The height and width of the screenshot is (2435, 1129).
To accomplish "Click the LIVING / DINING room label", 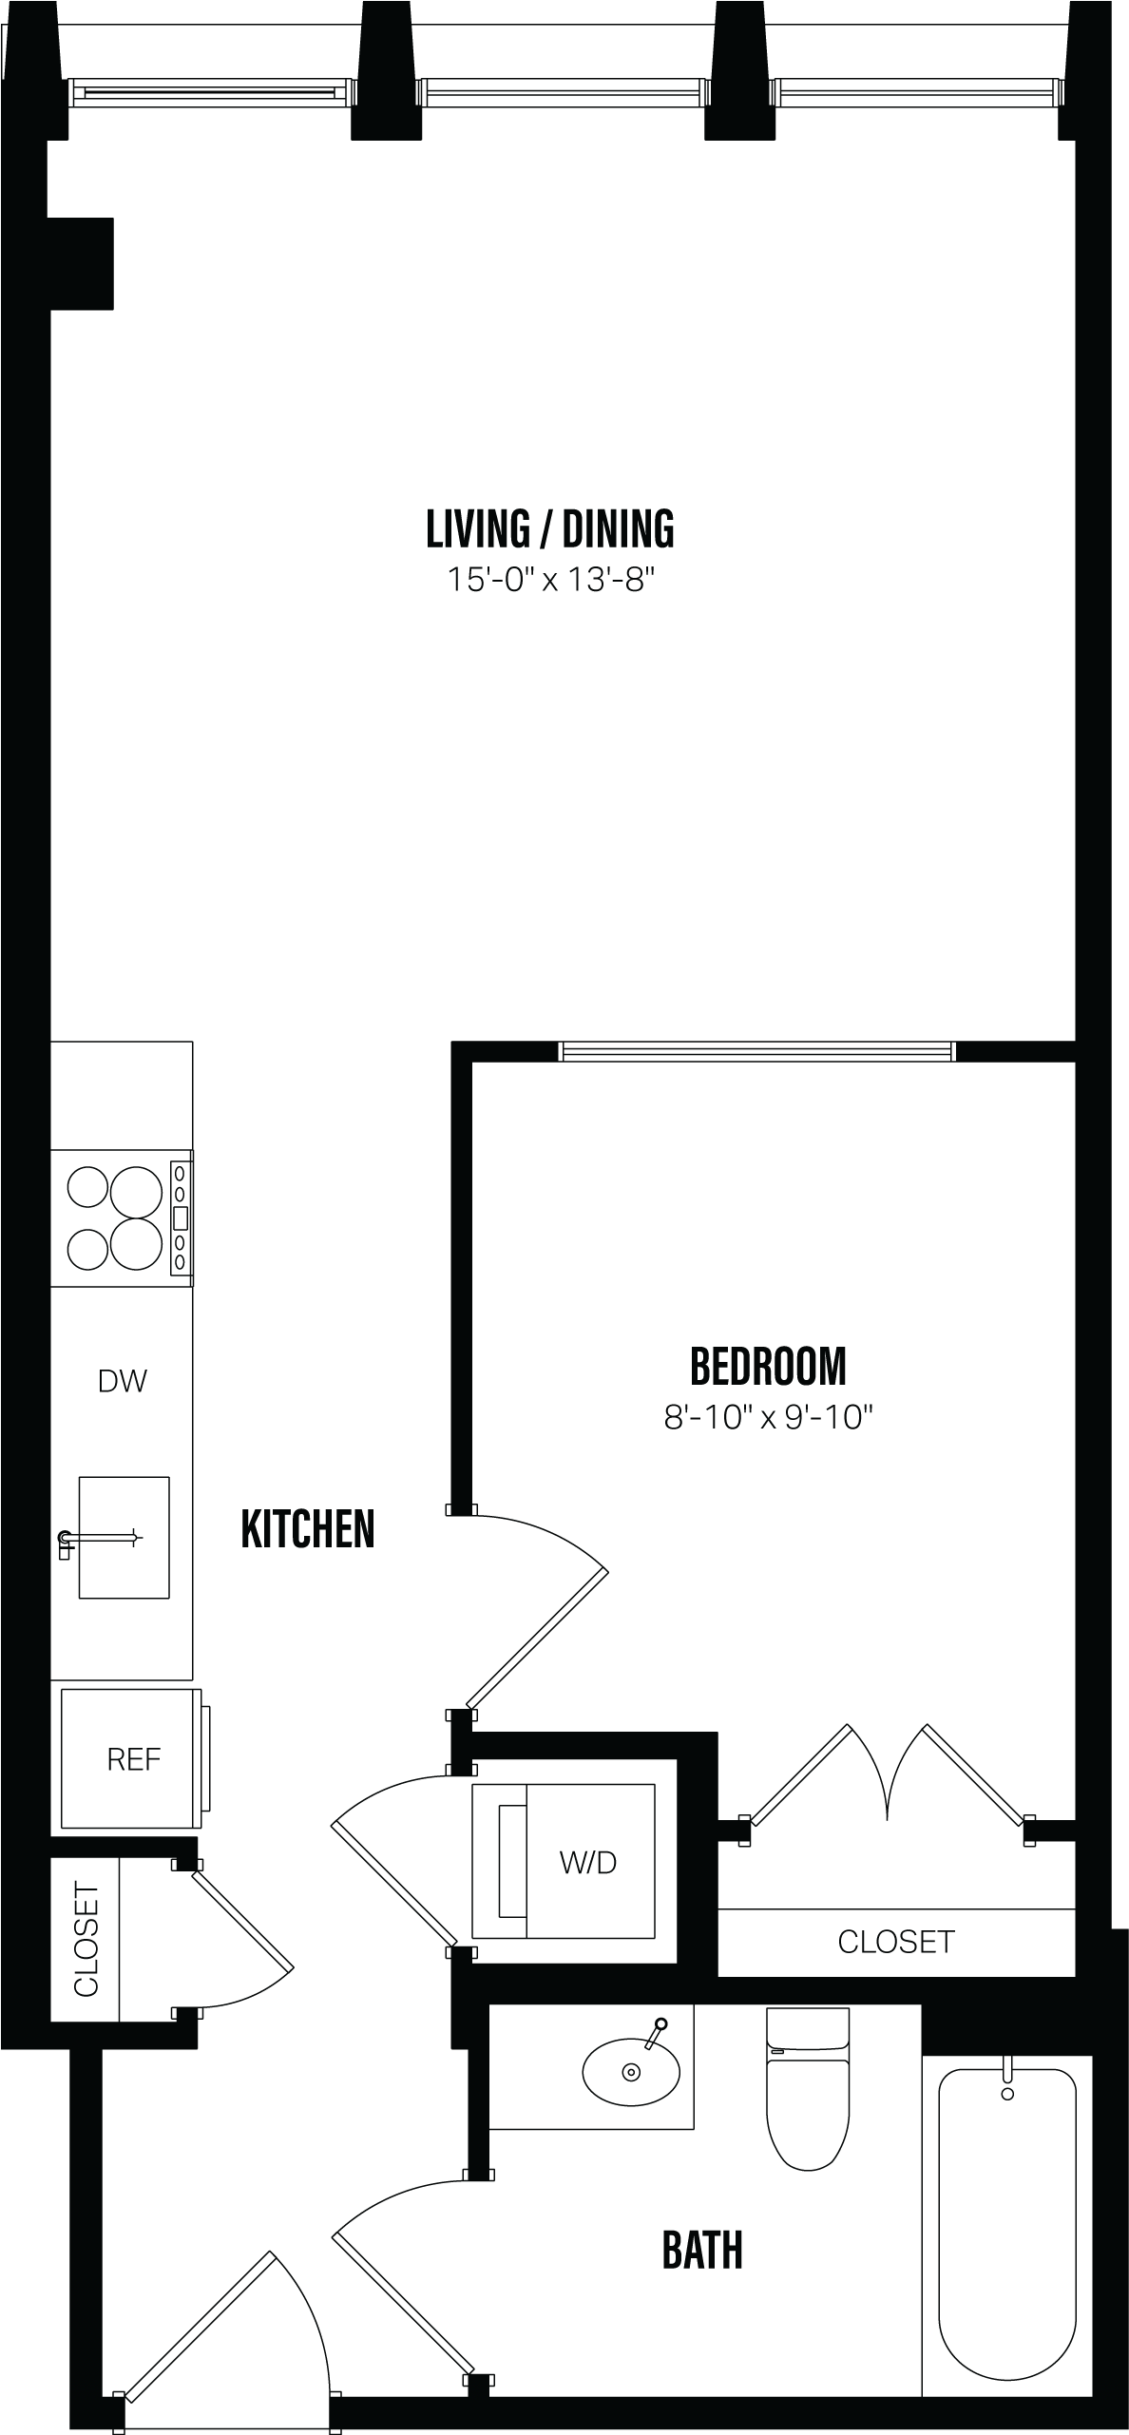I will point(550,529).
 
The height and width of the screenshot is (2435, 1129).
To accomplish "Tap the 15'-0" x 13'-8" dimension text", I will point(552,580).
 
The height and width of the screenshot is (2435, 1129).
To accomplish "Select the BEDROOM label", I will point(768,1367).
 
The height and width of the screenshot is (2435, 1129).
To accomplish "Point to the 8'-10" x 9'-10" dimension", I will point(768,1418).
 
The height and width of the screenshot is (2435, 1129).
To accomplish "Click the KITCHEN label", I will point(308,1529).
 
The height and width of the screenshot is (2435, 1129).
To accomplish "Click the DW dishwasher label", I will point(123,1381).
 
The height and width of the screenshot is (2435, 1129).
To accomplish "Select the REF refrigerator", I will point(132,1759).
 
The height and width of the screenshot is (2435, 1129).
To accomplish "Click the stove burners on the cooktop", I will point(114,1218).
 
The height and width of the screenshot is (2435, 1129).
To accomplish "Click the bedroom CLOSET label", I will point(895,1942).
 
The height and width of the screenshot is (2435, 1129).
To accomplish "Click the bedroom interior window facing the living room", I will point(756,1051).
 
